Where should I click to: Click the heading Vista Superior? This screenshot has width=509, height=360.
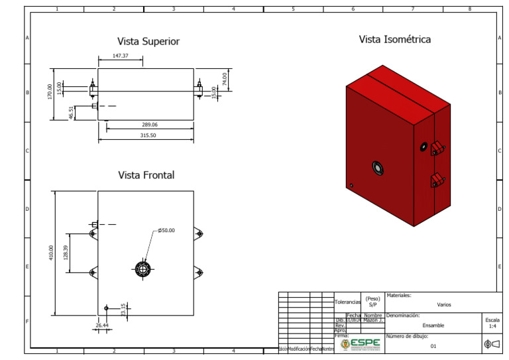coord(148,41)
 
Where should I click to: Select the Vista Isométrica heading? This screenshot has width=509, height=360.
coord(394,39)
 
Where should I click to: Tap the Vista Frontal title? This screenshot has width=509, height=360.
coord(146,175)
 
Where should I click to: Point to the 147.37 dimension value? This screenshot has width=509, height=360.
coord(120,56)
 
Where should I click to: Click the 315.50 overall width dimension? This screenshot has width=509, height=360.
coord(144,135)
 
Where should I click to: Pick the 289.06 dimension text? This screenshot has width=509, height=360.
coord(150,125)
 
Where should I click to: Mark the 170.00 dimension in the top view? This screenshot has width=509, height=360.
coord(50,92)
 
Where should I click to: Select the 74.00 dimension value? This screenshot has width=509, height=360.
coord(225,80)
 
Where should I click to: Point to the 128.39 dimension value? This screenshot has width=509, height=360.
coord(65,252)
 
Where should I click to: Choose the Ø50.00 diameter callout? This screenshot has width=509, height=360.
coord(166,230)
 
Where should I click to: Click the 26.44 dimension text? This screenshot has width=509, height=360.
coord(101,326)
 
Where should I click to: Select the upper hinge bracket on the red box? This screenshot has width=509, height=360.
coord(437,147)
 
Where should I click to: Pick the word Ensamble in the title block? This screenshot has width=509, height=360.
coord(433,326)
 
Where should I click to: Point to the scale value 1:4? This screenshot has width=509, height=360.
coord(492,326)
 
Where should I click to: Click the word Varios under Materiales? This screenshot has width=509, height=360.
coord(443,304)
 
